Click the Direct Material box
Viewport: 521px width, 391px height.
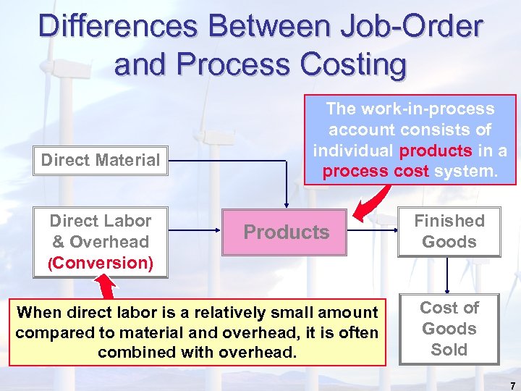101,160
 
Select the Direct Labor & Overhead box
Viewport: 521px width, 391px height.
101,242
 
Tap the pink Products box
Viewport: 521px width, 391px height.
287,232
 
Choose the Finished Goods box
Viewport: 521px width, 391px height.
449,231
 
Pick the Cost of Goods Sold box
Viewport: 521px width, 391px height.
449,329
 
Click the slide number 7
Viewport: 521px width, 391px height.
512,385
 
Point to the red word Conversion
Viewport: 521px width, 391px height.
101,263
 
